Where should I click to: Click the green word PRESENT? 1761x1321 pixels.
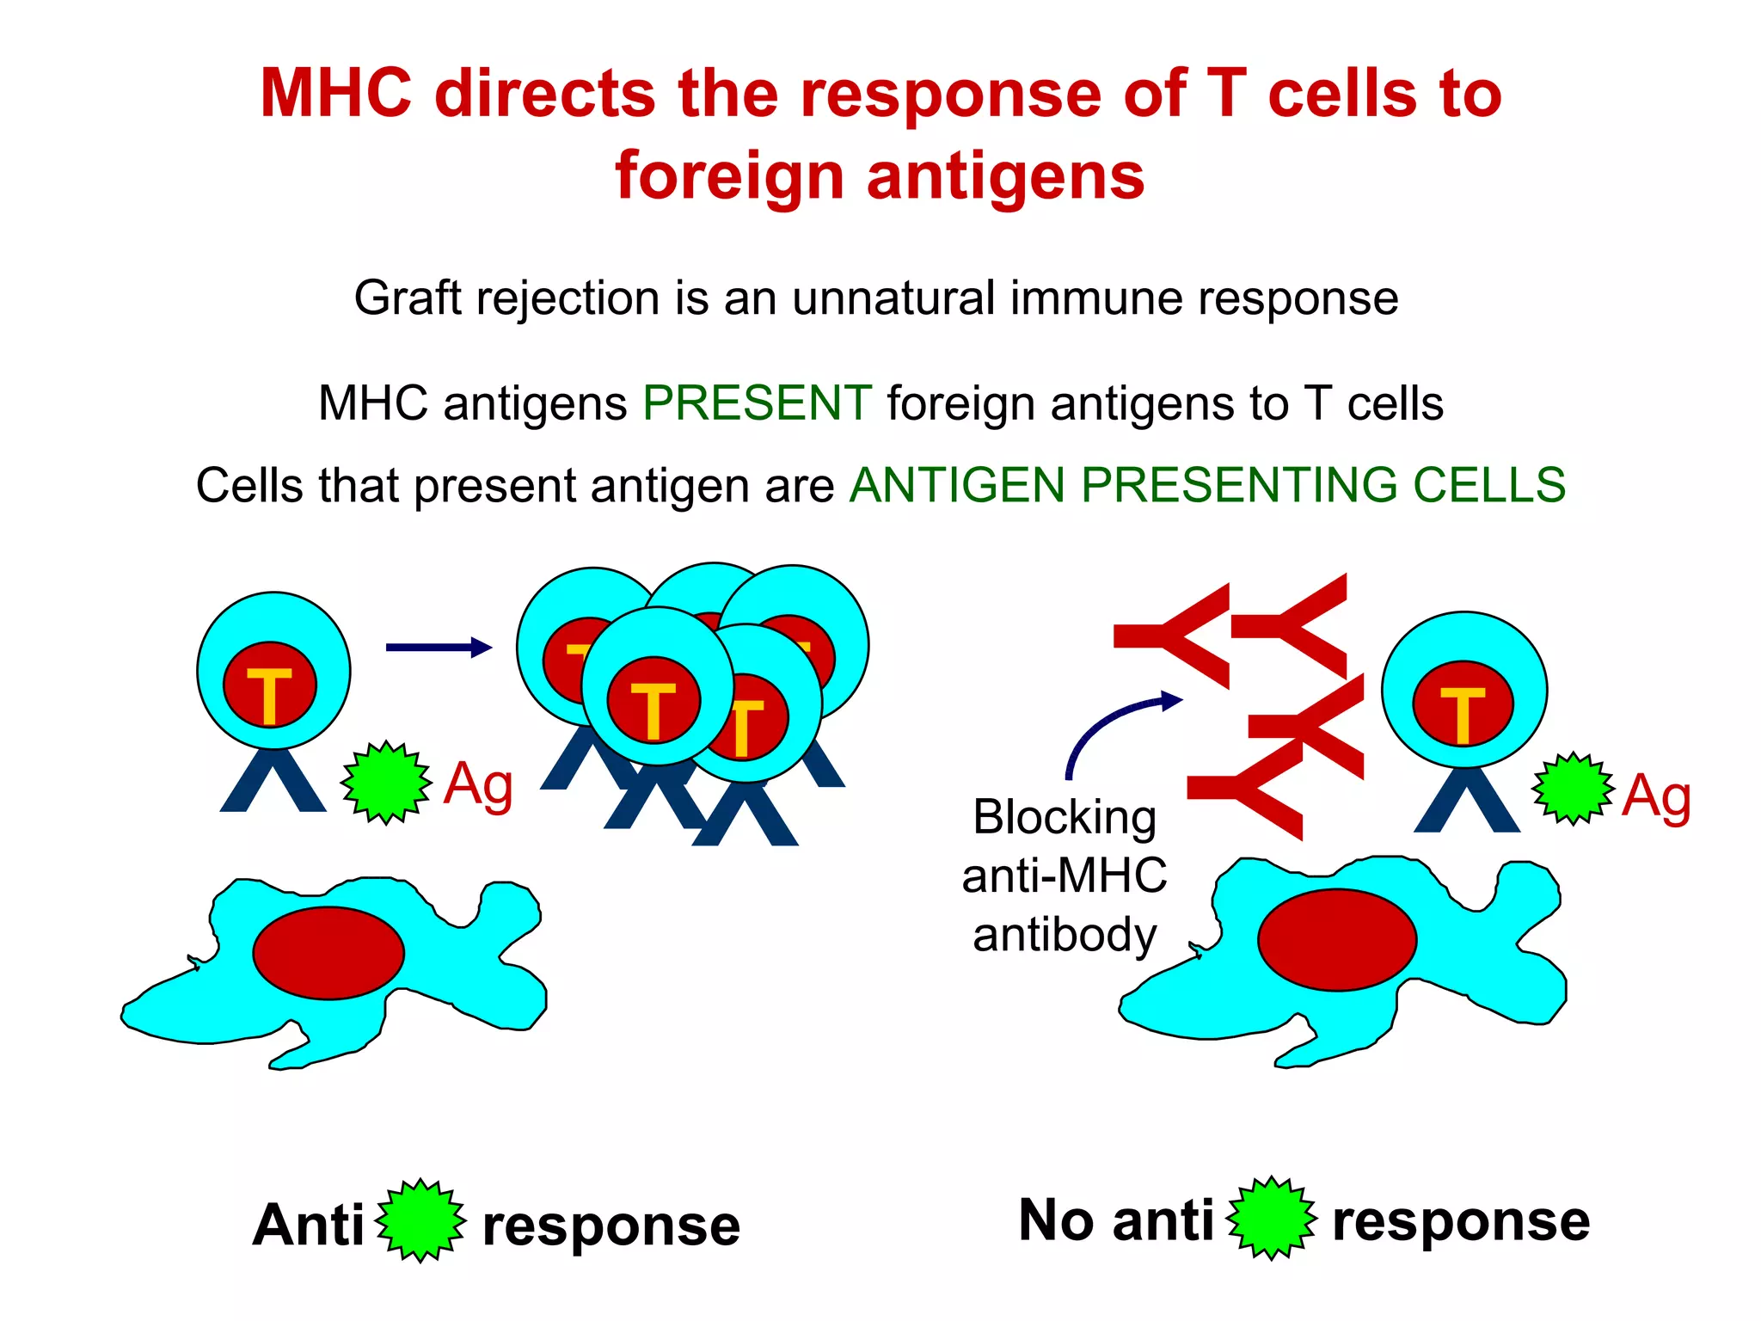757,402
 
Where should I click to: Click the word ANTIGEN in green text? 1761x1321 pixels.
957,485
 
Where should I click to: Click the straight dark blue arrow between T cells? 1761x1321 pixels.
438,648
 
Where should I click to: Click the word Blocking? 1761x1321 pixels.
1064,817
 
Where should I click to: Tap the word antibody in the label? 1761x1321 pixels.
1064,935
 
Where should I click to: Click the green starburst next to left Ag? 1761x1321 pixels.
386,783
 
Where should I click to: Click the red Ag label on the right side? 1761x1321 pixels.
1655,796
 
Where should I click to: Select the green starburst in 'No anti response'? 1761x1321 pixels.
1271,1219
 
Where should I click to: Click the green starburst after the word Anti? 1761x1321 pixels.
420,1221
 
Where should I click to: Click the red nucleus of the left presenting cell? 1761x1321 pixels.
328,953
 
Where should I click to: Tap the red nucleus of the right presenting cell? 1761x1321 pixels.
1336,940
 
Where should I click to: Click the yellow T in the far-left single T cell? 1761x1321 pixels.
270,695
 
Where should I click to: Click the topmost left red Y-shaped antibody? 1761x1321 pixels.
1178,636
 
